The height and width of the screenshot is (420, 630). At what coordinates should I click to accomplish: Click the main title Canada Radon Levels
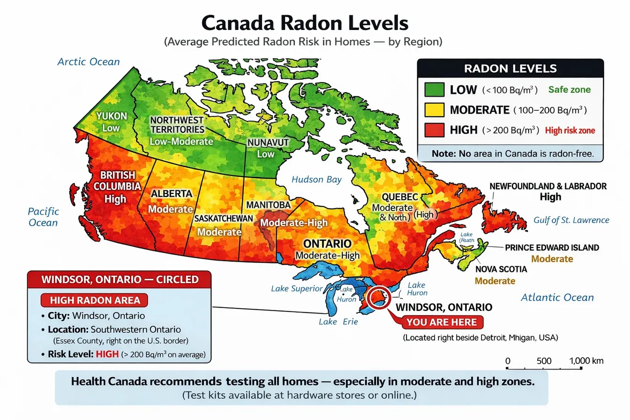304,22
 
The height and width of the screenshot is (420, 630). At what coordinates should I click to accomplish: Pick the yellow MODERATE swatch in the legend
434,110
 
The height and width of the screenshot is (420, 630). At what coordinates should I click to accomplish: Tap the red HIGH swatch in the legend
434,130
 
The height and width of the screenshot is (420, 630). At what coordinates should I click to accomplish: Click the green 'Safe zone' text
570,90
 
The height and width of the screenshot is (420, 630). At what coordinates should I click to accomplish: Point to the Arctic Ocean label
88,61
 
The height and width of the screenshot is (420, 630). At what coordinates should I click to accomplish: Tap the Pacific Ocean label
43,217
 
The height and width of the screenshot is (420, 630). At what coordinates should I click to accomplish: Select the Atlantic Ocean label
557,297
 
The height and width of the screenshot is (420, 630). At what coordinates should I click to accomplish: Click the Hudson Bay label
316,179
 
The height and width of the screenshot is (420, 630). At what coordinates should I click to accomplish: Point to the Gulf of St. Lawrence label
571,220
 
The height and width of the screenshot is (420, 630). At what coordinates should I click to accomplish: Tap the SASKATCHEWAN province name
224,218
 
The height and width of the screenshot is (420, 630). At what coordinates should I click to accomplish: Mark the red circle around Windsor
377,299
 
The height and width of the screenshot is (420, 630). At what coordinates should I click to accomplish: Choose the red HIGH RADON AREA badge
94,300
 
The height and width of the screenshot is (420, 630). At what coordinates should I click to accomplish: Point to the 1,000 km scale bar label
586,361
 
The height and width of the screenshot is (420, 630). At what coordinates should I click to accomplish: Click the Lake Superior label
297,288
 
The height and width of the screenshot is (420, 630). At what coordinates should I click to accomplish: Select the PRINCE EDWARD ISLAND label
552,247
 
